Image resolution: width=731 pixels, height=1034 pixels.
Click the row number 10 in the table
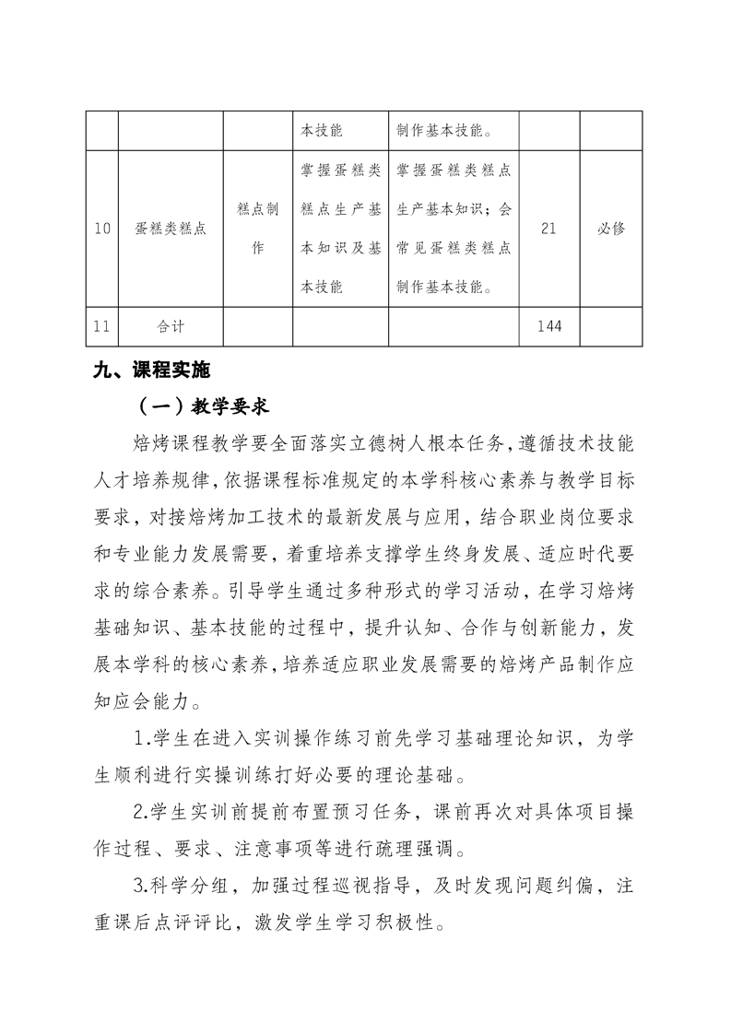[102, 229]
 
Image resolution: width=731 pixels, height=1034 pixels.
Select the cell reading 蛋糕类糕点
[171, 229]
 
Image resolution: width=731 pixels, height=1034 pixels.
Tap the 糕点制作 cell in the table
[258, 229]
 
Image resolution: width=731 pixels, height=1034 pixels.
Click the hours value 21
[548, 229]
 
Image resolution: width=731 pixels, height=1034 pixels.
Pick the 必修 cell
[611, 229]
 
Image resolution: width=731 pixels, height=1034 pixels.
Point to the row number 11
[102, 325]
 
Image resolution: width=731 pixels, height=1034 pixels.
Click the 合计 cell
[171, 325]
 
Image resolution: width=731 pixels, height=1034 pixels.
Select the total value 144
[548, 325]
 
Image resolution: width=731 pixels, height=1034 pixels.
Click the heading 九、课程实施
[152, 370]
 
